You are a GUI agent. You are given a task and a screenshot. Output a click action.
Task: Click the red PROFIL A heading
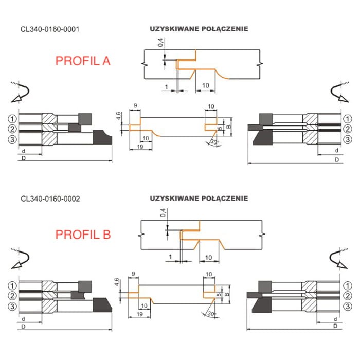[x=83, y=61]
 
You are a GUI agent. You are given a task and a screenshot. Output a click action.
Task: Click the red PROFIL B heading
[x=83, y=235]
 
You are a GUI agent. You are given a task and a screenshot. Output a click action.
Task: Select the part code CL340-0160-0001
[x=50, y=29]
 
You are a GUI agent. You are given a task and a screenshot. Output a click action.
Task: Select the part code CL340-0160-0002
[x=50, y=199]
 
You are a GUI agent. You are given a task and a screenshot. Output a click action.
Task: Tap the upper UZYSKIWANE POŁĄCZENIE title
[x=199, y=29]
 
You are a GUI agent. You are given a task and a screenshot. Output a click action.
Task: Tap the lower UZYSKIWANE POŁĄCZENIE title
[x=199, y=199]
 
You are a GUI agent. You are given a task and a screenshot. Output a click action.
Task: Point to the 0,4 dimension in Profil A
[x=160, y=43]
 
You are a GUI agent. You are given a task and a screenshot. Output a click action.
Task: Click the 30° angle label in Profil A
[x=215, y=142]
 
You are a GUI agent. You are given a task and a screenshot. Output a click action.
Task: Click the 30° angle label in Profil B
[x=212, y=314]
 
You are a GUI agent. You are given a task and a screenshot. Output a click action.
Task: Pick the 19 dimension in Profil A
[x=140, y=147]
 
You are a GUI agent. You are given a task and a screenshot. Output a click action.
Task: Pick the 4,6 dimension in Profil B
[x=117, y=282]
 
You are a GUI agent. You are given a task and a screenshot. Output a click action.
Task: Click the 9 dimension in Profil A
[x=135, y=106]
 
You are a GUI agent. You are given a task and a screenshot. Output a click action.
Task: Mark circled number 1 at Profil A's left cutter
[x=12, y=119]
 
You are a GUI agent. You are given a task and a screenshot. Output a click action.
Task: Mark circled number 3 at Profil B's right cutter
[x=348, y=306]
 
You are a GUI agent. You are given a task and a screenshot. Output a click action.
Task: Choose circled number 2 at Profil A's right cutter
[x=348, y=129]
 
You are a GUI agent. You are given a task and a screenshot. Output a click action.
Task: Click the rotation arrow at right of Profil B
[x=339, y=259]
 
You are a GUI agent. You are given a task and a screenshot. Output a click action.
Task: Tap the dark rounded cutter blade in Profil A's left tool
[x=102, y=137]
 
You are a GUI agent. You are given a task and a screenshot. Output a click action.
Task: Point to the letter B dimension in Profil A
[x=228, y=127]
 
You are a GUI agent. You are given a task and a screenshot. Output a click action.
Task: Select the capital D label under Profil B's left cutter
[x=24, y=326]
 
